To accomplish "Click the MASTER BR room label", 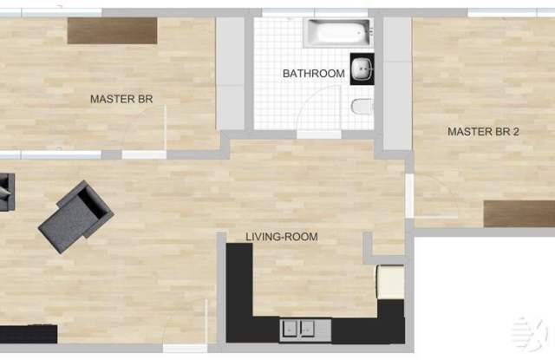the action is (121, 99).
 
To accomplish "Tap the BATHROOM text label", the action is (314, 74).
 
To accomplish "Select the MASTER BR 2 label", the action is (483, 132).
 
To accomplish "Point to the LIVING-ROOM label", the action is (282, 237).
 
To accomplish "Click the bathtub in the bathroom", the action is (338, 33).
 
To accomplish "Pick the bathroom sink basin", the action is (362, 69).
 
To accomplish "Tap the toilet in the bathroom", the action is (362, 107).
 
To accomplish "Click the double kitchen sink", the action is (305, 331).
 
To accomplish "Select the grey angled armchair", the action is (75, 217).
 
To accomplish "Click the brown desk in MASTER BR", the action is (112, 31).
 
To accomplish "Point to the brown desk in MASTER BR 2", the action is (519, 213).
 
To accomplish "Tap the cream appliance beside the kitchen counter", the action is (391, 282).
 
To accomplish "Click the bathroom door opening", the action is (318, 134).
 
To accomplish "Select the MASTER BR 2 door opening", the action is (409, 196).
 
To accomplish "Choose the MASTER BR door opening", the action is (144, 154).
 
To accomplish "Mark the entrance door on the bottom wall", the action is (185, 349).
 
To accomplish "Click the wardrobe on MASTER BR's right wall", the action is (231, 74).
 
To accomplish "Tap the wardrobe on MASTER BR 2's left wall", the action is (397, 84).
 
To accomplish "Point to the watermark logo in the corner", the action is (528, 333).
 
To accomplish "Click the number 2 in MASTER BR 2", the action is (516, 132).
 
